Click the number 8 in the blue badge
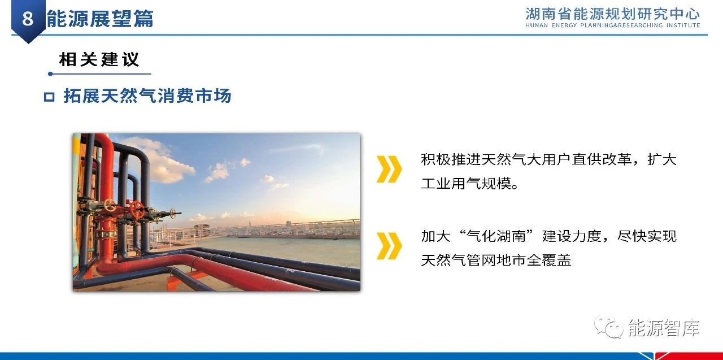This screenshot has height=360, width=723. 28,18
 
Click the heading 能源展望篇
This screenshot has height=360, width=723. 100,19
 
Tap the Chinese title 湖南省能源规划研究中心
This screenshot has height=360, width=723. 612,14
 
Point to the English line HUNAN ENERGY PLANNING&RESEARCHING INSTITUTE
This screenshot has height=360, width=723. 612,25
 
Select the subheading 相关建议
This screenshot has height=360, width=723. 99,59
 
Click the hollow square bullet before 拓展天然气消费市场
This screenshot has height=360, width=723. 49,97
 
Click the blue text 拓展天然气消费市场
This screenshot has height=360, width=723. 147,96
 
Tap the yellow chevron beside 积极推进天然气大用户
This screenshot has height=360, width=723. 389,169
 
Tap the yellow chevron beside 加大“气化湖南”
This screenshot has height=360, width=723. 389,246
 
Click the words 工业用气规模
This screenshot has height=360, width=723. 466,184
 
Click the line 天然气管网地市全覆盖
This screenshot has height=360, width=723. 496,260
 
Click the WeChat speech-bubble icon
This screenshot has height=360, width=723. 609,327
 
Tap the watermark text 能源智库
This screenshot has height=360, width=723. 664,328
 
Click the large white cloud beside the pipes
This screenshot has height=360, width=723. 158,162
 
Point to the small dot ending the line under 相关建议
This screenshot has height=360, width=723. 50,74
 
